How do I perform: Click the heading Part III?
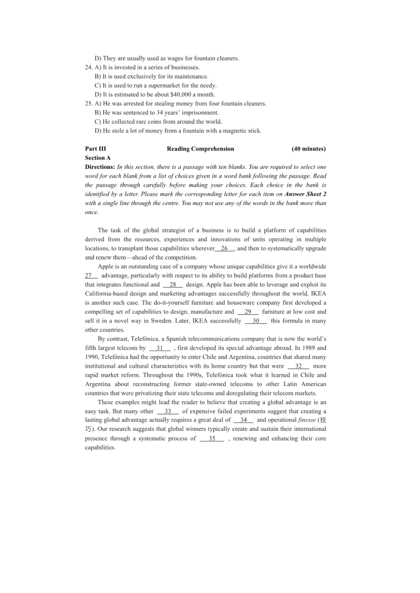95,149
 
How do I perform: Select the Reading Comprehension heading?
200,149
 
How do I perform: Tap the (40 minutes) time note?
308,149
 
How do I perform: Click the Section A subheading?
98,158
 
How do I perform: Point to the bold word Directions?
100,167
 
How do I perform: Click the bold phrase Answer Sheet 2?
305,194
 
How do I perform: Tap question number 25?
89,103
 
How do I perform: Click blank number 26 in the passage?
224,248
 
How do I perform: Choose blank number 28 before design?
173,285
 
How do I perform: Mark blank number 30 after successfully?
256,321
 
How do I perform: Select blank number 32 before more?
298,366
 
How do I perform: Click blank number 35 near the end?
212,438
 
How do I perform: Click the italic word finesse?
307,420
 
